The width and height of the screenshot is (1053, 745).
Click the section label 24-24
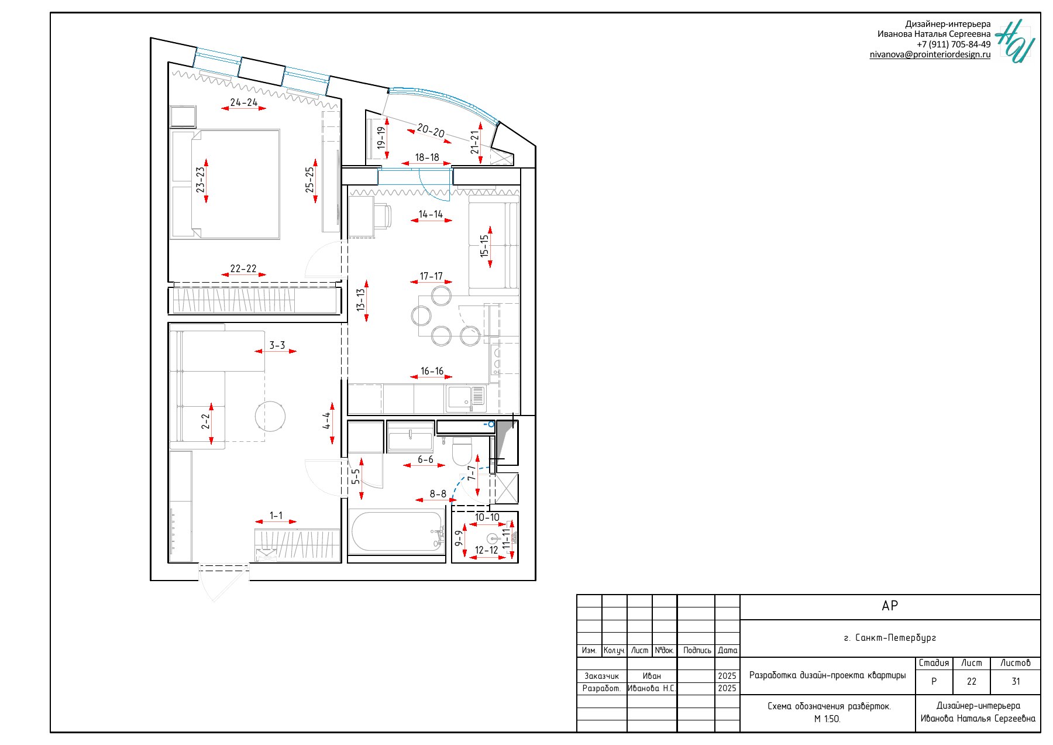[244, 102]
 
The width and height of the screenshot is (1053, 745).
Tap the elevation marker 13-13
[361, 300]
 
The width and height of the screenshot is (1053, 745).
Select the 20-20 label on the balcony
[431, 131]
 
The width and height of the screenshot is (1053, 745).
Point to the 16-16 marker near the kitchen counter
[432, 371]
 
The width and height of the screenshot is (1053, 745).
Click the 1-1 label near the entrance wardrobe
[276, 516]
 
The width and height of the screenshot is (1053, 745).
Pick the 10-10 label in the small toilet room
[487, 517]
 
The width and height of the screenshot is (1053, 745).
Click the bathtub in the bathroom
[397, 531]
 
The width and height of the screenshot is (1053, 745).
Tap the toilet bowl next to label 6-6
[462, 451]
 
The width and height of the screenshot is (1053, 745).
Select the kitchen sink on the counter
[466, 399]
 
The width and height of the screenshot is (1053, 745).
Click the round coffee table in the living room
[270, 417]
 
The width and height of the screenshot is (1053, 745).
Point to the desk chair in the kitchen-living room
[382, 215]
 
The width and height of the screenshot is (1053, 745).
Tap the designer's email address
[930, 54]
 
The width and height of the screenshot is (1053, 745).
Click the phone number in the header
[954, 44]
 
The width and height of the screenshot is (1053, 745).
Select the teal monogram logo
[1016, 41]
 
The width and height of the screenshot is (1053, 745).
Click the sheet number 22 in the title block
[972, 681]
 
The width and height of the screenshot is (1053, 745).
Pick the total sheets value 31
[1016, 681]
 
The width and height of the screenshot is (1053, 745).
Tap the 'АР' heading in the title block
[890, 606]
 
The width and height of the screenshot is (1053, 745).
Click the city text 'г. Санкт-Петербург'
[890, 638]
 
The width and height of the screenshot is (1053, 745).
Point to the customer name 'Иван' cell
[652, 676]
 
